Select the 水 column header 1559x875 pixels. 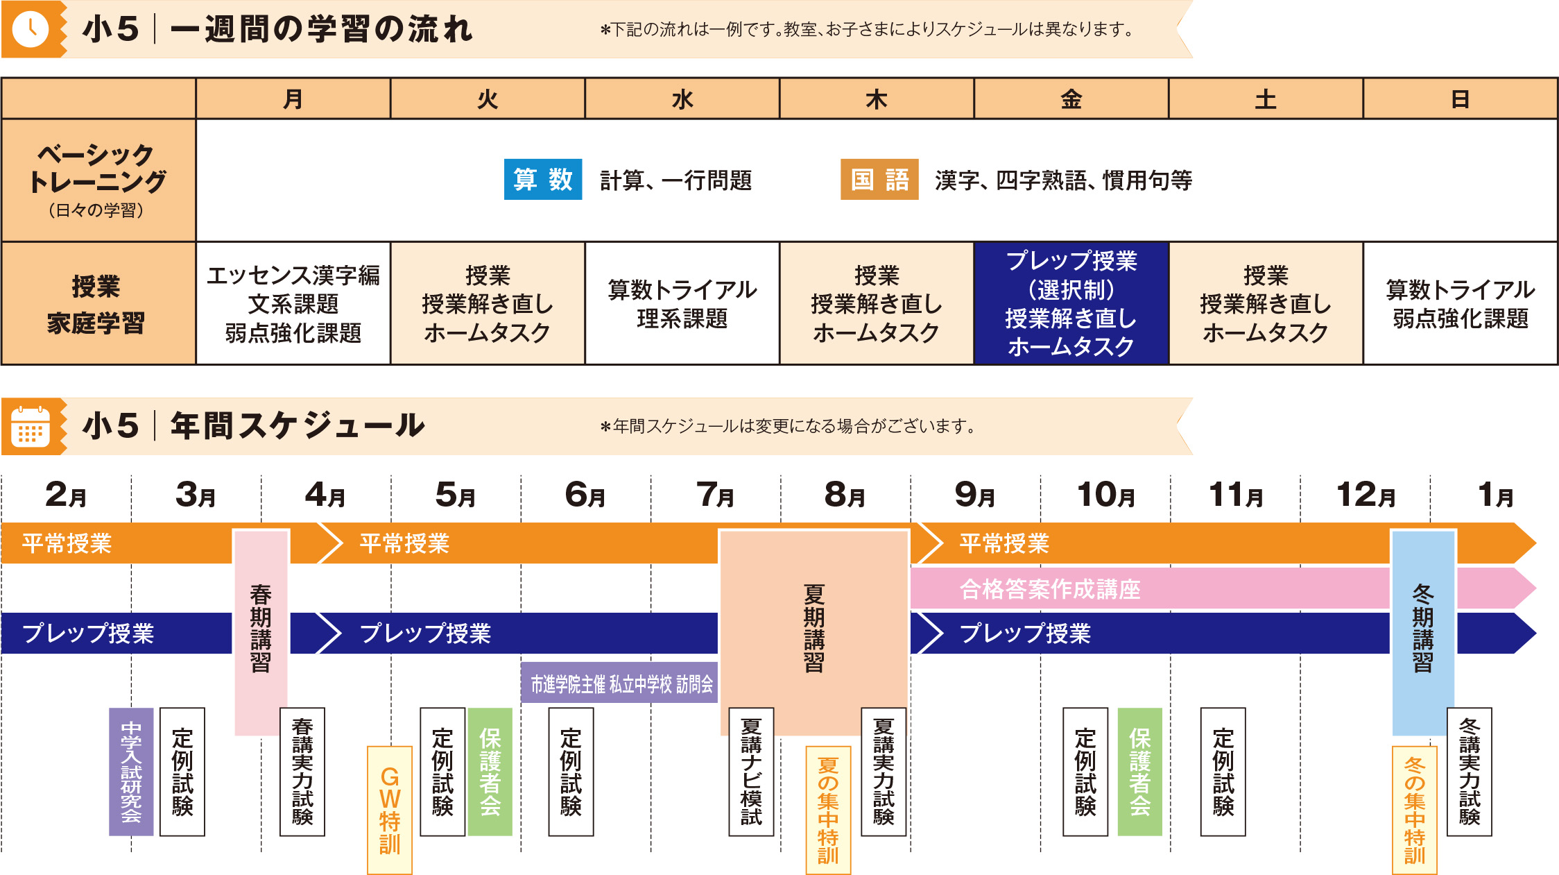[682, 99]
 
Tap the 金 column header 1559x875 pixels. [1071, 99]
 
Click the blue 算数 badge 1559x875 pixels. [542, 180]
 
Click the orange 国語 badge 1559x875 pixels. [879, 180]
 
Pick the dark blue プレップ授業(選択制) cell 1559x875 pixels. [1071, 303]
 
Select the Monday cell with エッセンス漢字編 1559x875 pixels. [293, 303]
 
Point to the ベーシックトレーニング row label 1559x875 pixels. [98, 180]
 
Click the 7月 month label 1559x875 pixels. [715, 495]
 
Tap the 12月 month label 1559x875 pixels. [1365, 495]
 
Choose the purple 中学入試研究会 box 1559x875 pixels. [131, 772]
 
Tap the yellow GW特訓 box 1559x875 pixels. [389, 810]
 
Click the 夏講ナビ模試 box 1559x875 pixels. [751, 772]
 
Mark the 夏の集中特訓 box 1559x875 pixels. [828, 810]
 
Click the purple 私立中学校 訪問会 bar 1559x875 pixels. [619, 684]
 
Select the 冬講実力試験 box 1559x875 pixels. [1469, 772]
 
